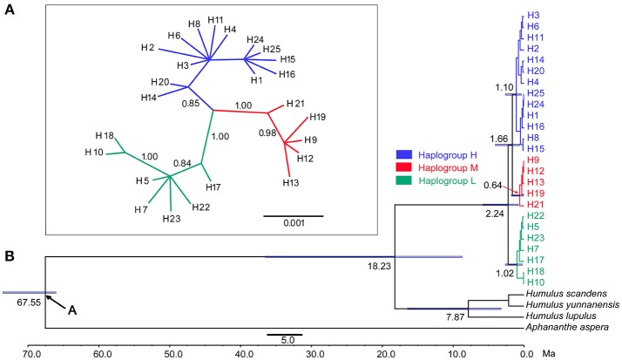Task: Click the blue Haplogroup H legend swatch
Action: pyautogui.click(x=402, y=152)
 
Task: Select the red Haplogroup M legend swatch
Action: pyautogui.click(x=402, y=166)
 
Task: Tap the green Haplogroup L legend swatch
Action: pyautogui.click(x=402, y=180)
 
